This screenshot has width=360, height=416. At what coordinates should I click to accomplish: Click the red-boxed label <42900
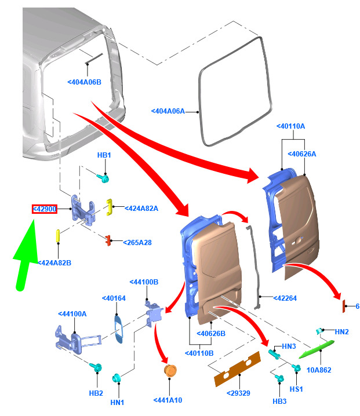pyautogui.click(x=44, y=209)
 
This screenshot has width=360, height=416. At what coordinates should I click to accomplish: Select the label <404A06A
pyautogui.click(x=168, y=111)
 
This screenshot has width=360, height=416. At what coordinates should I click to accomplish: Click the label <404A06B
pyautogui.click(x=85, y=82)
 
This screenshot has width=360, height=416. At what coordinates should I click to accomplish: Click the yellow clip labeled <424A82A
pyautogui.click(x=108, y=206)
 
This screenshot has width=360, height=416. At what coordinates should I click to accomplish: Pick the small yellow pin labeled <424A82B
pyautogui.click(x=58, y=237)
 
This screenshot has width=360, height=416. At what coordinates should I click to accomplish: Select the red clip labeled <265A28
pyautogui.click(x=108, y=239)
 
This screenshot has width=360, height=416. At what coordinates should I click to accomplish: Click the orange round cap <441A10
pyautogui.click(x=170, y=370)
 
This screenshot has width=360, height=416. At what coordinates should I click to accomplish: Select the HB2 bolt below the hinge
pyautogui.click(x=97, y=367)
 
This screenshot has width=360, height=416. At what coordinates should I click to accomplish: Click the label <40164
pyautogui.click(x=114, y=298)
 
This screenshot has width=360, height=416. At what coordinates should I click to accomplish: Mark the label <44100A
pyautogui.click(x=72, y=313)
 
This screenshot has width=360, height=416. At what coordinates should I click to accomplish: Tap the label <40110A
pyautogui.click(x=291, y=126)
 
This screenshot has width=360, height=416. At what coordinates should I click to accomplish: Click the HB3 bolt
pyautogui.click(x=278, y=379)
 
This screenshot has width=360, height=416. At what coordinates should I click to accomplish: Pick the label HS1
pyautogui.click(x=296, y=389)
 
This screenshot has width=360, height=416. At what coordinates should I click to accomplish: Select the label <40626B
pyautogui.click(x=210, y=333)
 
